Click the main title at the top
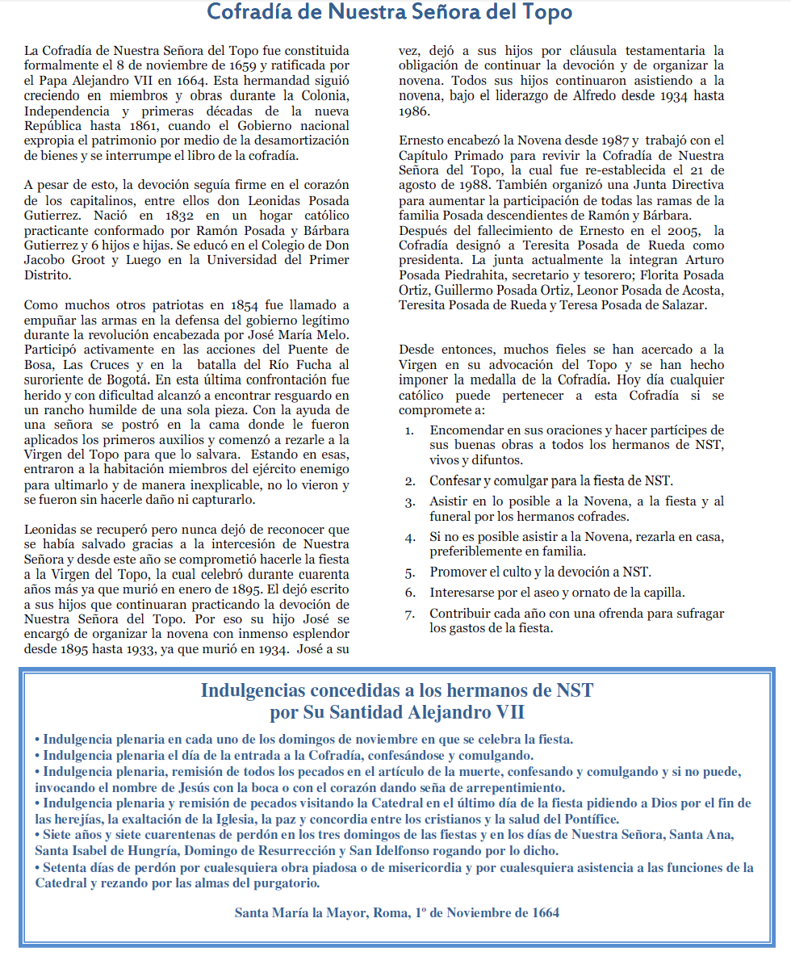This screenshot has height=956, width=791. pyautogui.click(x=389, y=13)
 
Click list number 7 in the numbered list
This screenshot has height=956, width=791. pyautogui.click(x=410, y=614)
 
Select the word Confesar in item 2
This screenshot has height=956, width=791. pyautogui.click(x=457, y=481)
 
